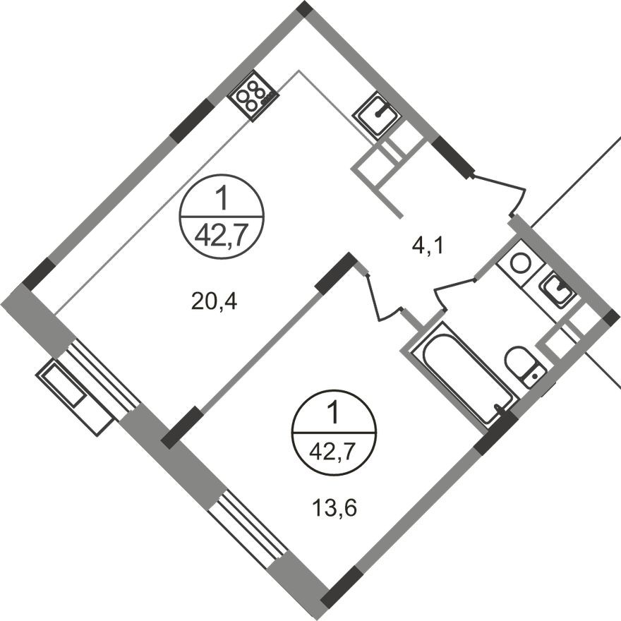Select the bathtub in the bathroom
pyautogui.click(x=463, y=374)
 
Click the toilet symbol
pyautogui.click(x=523, y=364)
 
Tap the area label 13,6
pyautogui.click(x=331, y=507)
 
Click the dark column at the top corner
pyautogui.click(x=303, y=9)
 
